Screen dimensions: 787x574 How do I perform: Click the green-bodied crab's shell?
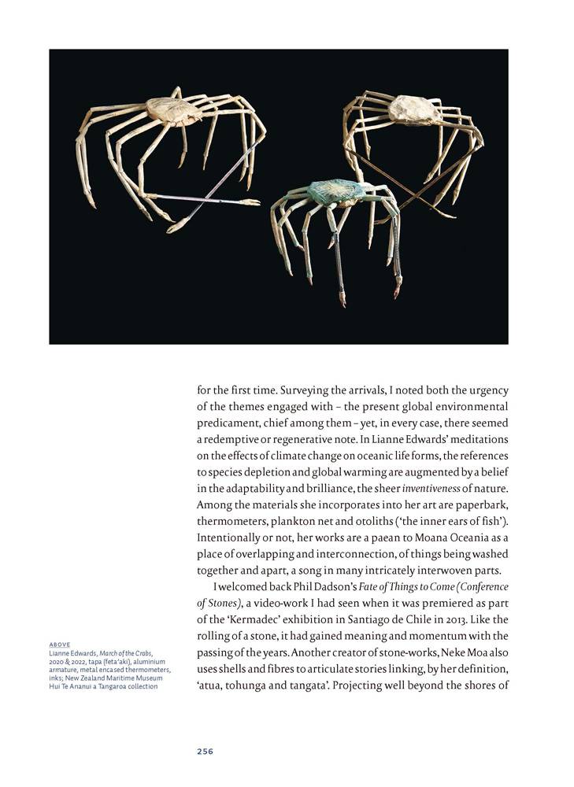pyautogui.click(x=337, y=191)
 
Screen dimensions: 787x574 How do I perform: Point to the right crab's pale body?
pyautogui.click(x=414, y=109)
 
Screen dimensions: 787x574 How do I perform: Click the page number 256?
pyautogui.click(x=205, y=751)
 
